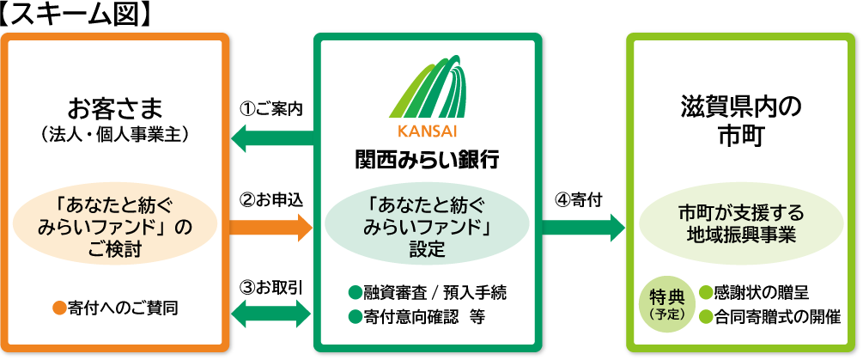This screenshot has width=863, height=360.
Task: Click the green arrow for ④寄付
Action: click(x=584, y=228)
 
